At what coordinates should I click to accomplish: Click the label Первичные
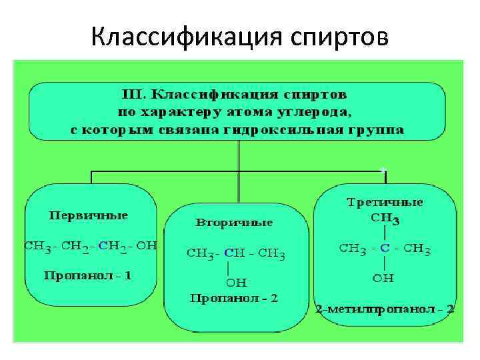point(88,216)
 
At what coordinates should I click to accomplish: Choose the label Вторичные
point(234,221)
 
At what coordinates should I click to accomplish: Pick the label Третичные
point(385,201)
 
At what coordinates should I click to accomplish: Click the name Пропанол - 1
point(88,275)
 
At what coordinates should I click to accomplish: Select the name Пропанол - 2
point(233,298)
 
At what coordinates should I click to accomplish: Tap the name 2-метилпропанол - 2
point(385,309)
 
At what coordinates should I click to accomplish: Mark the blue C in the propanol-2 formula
point(229,253)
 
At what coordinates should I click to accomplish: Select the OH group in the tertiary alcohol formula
point(383,278)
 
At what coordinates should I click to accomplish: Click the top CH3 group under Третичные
point(385,218)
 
